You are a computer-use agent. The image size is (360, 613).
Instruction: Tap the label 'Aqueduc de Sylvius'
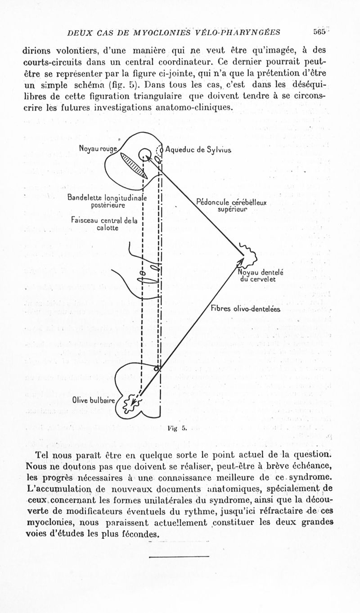pyautogui.click(x=198, y=149)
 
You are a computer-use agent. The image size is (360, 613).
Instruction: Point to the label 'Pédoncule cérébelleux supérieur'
pyautogui.click(x=232, y=206)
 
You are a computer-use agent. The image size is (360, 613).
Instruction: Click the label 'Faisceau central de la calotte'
pyautogui.click(x=104, y=224)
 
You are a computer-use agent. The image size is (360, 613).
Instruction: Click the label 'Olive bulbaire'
pyautogui.click(x=94, y=399)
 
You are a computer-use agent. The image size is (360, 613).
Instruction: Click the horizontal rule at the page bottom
pyautogui.click(x=179, y=557)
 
